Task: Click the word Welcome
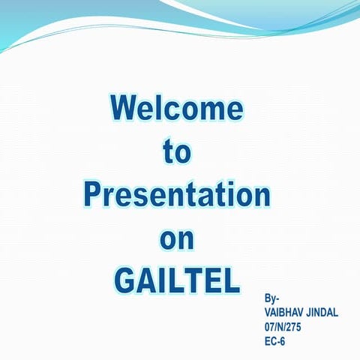(x=176, y=108)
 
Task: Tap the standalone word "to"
(x=177, y=151)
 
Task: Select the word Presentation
(x=176, y=194)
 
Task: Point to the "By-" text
(x=272, y=298)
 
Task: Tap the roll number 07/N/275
(x=283, y=327)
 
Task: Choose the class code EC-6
(x=275, y=341)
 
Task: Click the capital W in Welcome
(x=124, y=108)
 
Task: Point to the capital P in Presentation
(x=92, y=194)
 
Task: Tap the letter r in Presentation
(x=109, y=196)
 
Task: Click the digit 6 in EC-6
(x=283, y=341)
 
